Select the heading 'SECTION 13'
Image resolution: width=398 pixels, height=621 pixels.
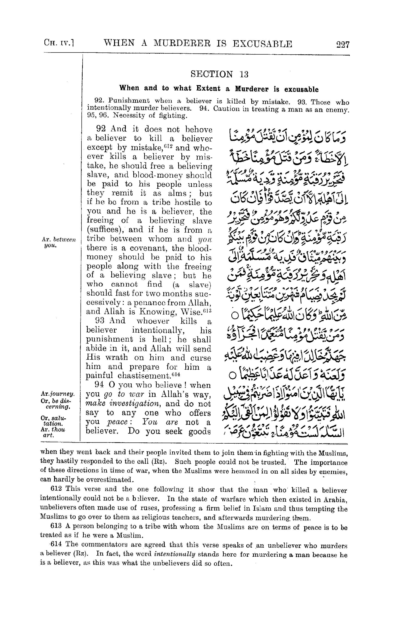click(219, 74)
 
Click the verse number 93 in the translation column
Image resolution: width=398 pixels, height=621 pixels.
click(100, 321)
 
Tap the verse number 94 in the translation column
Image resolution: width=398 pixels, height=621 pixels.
click(99, 385)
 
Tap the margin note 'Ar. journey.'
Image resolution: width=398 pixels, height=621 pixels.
click(57, 394)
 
